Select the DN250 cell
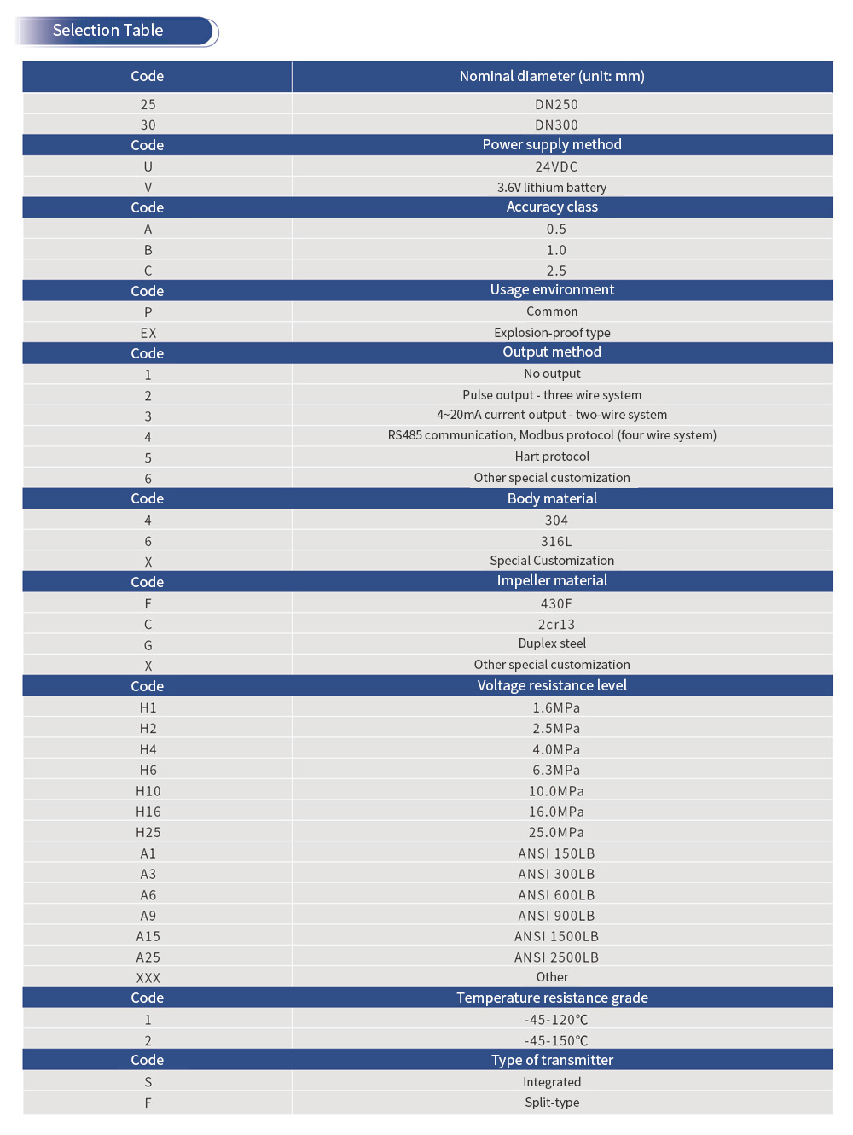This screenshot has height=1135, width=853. coord(556,104)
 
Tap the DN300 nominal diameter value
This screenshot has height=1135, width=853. coord(556,125)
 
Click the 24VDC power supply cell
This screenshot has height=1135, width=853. coord(556,166)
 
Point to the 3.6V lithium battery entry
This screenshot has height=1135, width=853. coord(552,188)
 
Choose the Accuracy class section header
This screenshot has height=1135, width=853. coord(552,207)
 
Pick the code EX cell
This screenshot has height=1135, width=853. coord(148,333)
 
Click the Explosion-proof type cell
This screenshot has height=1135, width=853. coord(552,333)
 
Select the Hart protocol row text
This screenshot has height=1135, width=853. coord(552,457)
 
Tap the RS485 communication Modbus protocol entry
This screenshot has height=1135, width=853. coord(552,435)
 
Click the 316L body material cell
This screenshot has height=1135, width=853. coord(556,541)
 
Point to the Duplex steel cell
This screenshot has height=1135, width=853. coord(552,643)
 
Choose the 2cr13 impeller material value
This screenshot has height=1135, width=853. coord(556,624)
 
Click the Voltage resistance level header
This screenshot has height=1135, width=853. coord(552,685)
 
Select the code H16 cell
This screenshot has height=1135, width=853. coord(148,812)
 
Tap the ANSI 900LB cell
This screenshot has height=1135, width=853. coord(556,916)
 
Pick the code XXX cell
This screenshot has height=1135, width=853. coord(148,978)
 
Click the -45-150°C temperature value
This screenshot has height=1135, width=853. coord(556,1040)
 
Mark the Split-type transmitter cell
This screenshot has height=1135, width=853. coord(552,1103)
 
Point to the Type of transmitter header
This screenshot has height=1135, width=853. coord(552,1060)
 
